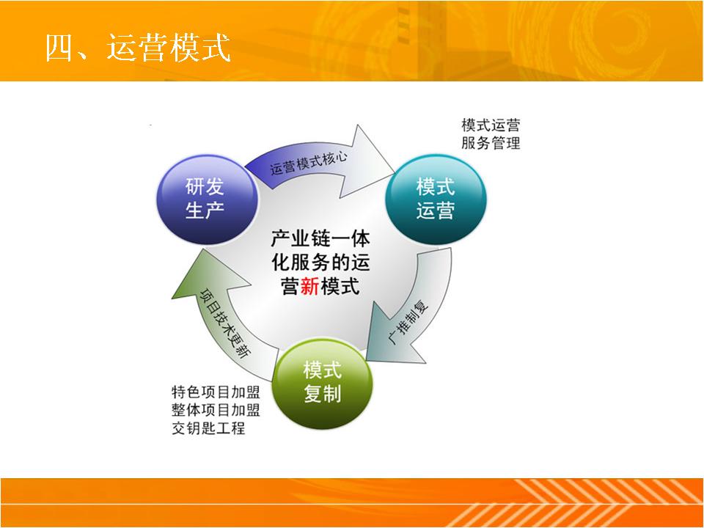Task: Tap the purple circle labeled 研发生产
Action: coord(207,199)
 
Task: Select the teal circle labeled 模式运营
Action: coord(436,199)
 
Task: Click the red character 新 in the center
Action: coord(309,286)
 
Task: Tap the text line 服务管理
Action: coord(491,143)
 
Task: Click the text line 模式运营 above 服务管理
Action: coord(491,125)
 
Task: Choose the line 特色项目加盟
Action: coord(216,392)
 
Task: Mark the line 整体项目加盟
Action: coord(216,409)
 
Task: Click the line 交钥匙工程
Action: coord(208,428)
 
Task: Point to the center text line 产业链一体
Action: coord(320,238)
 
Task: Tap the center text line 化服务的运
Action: coord(320,263)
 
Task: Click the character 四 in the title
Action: coord(59,48)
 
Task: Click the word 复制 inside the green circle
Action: coord(323,394)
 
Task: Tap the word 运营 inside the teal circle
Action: coord(436,210)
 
